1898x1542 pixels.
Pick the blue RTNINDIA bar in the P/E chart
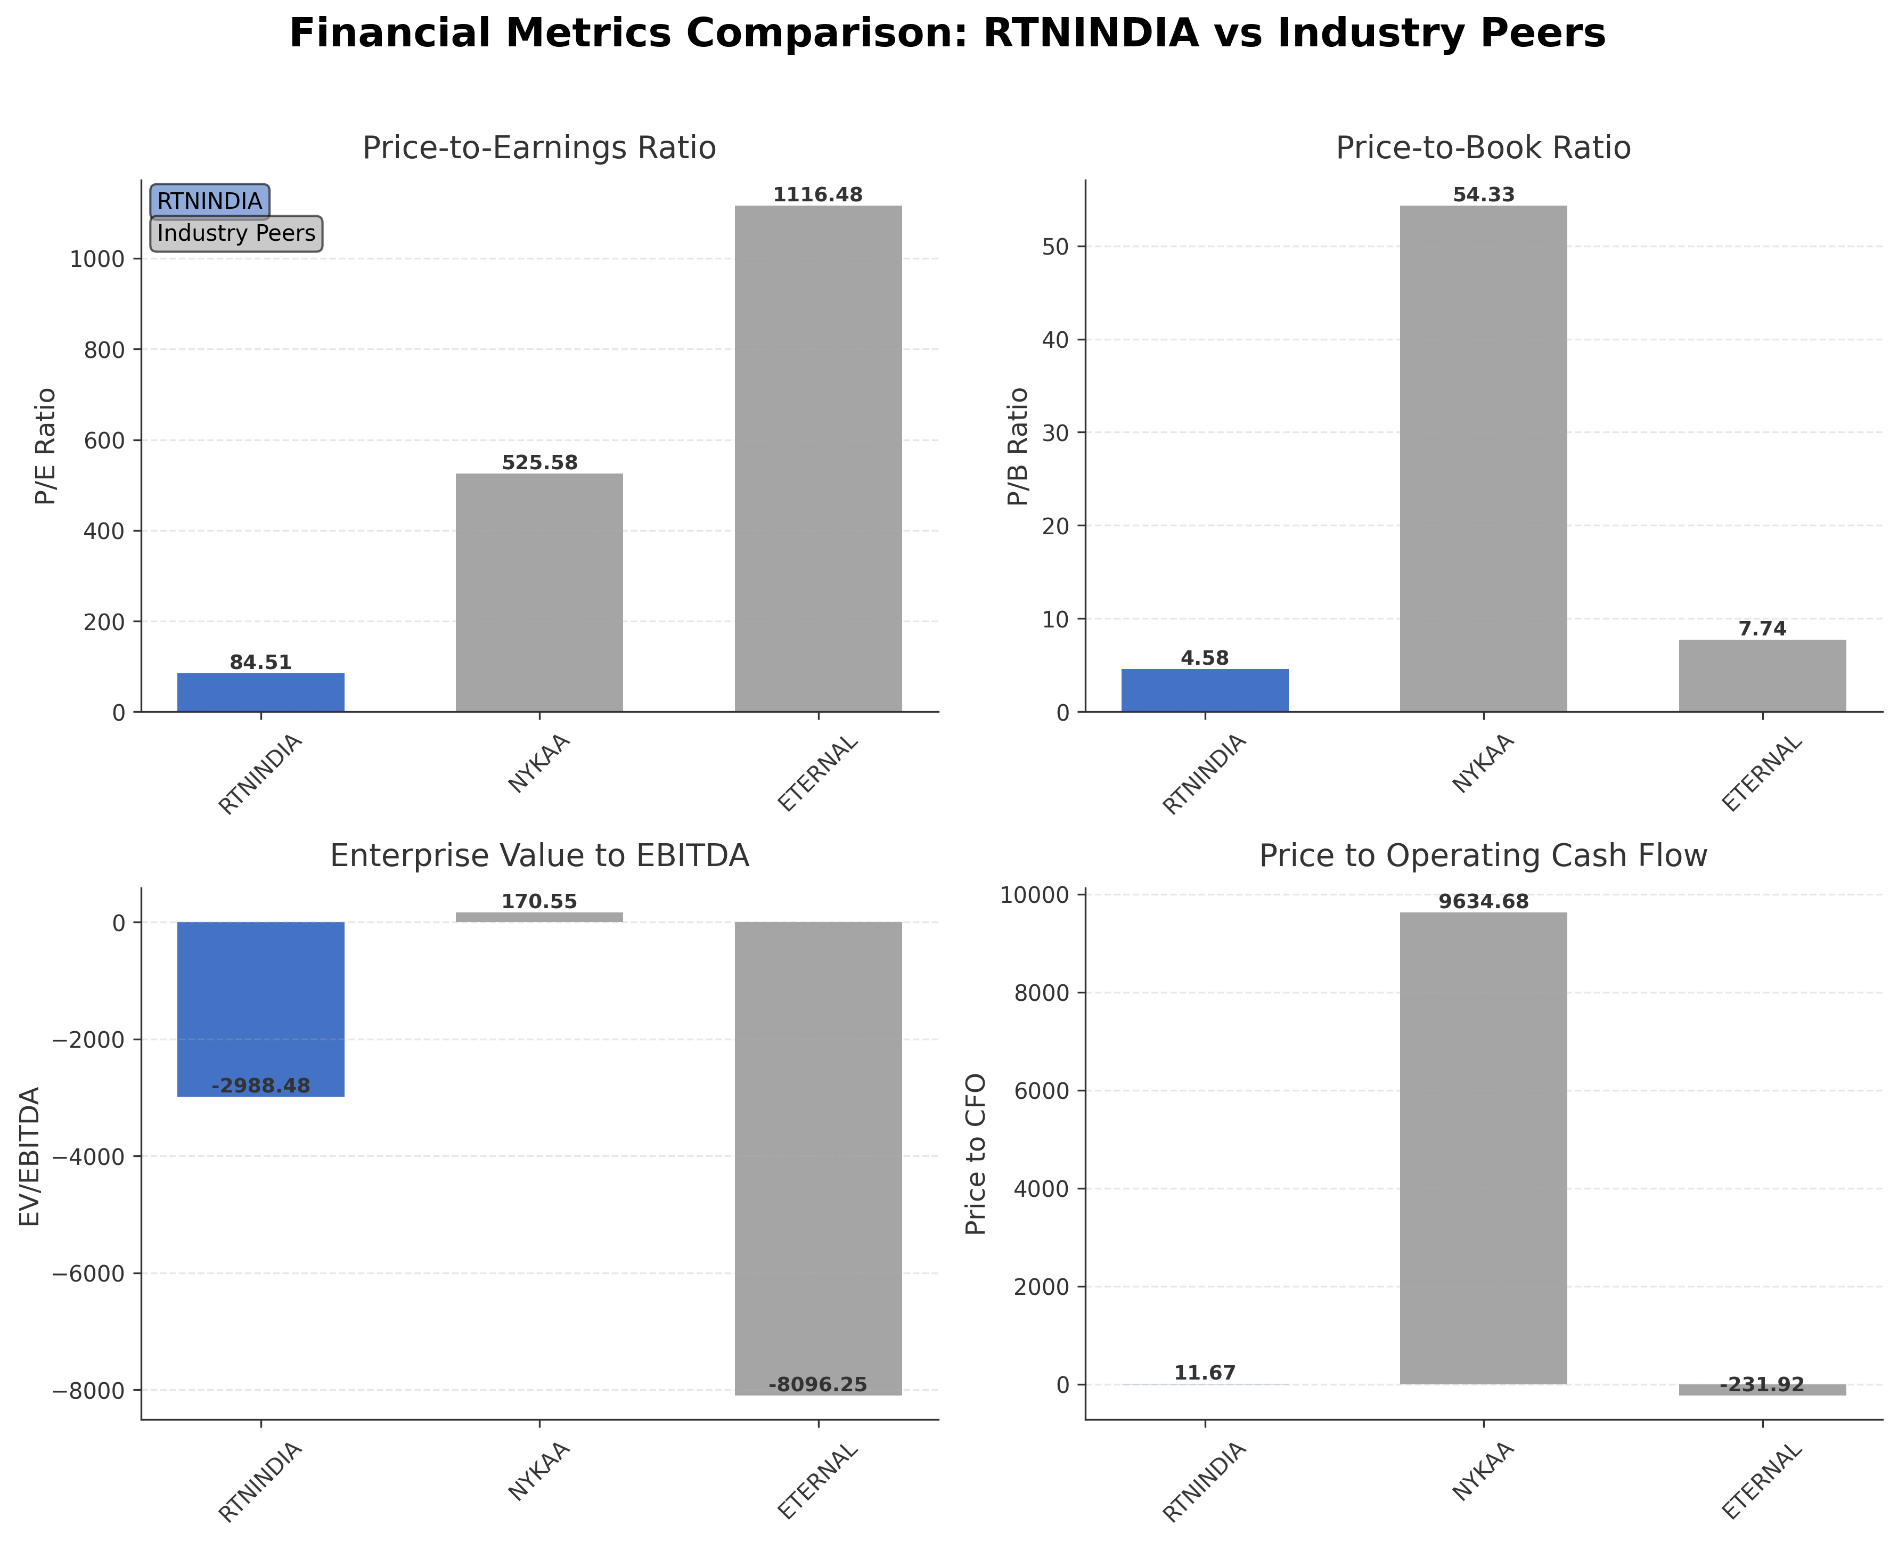pos(260,693)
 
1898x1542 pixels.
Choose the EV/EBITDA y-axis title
pos(30,1156)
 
